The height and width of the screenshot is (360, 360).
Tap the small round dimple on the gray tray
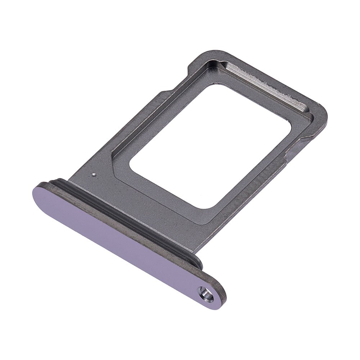click(x=94, y=175)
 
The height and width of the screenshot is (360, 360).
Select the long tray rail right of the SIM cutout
click(x=259, y=187)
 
